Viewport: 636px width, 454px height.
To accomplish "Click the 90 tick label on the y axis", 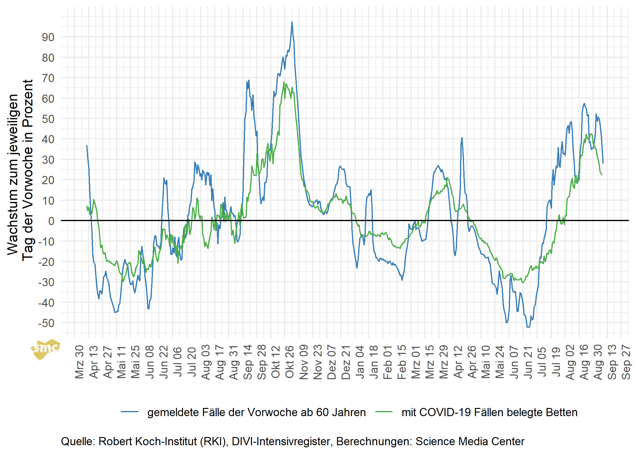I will coord(48,37).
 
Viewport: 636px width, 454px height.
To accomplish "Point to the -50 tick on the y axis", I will coord(46,323).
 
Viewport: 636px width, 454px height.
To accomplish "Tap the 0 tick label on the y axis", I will coord(51,221).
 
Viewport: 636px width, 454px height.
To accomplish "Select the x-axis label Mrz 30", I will coord(79,362).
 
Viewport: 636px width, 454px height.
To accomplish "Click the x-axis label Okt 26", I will coord(290,362).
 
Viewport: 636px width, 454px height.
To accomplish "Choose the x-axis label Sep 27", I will coord(626,362).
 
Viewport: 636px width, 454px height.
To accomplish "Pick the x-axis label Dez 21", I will coord(346,362).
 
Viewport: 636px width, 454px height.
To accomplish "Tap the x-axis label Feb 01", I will coord(388,362).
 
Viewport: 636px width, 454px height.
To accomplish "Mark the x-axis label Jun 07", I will coord(514,362).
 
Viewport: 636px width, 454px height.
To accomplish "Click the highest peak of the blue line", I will coord(292,22).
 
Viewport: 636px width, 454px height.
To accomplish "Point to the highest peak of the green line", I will coord(284,82).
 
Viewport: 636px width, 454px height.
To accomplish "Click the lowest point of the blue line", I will coord(528,327).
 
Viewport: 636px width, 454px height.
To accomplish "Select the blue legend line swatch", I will coord(130,412).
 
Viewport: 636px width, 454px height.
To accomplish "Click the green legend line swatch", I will coord(384,412).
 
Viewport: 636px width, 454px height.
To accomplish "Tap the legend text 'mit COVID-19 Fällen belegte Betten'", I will coord(489,413).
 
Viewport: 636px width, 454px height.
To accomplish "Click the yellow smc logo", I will coord(45,349).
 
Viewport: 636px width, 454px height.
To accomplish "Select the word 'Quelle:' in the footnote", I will coord(78,442).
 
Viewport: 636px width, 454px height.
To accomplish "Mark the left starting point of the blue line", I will coord(87,146).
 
